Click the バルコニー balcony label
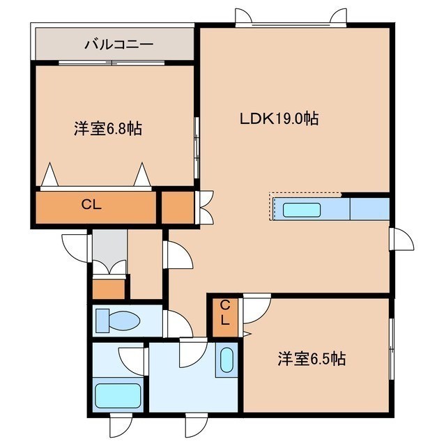[x=119, y=45]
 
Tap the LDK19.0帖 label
[x=279, y=118]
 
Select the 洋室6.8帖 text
[x=108, y=129]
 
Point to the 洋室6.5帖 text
[x=312, y=359]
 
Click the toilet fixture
[x=118, y=321]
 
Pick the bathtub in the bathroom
[x=118, y=396]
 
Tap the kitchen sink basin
[x=302, y=210]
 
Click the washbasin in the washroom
[x=226, y=360]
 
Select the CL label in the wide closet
[x=91, y=204]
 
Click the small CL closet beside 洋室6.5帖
[x=225, y=317]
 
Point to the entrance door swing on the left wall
[x=76, y=248]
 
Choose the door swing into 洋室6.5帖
[x=256, y=309]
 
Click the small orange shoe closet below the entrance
[x=109, y=289]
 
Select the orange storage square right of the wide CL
[x=178, y=208]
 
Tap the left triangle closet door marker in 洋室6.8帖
[x=49, y=175]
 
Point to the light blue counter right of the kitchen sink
[x=369, y=209]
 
